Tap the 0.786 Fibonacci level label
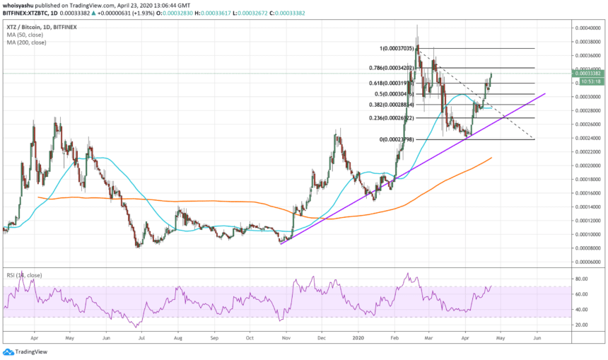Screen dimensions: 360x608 click(x=397, y=69)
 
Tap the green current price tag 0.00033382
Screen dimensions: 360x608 click(x=587, y=73)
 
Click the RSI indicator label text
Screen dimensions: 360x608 click(x=21, y=273)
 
